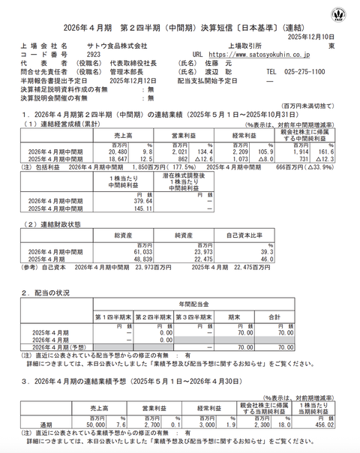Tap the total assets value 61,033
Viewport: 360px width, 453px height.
pos(146,251)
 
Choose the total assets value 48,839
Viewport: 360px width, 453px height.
pos(146,259)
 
